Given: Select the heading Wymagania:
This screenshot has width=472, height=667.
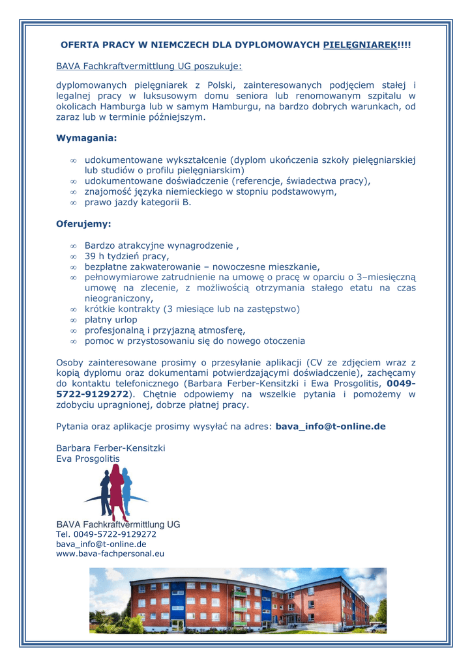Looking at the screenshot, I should [87, 138].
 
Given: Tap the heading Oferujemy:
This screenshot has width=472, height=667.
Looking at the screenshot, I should [83, 224].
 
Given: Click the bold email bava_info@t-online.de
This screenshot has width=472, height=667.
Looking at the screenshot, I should [331, 427].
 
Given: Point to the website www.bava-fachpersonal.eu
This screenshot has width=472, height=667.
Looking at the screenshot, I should [110, 554].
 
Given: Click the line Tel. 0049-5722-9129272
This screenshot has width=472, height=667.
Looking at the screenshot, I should [106, 534].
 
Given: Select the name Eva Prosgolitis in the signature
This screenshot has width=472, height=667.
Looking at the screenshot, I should [88, 459].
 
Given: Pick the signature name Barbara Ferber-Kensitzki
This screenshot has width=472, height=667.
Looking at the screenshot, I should [111, 448].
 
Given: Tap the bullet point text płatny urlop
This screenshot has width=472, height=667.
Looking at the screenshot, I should [111, 320].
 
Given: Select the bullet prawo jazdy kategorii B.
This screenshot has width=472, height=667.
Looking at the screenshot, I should [138, 202].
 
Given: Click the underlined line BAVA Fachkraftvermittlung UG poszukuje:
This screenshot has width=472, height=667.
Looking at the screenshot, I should [149, 66].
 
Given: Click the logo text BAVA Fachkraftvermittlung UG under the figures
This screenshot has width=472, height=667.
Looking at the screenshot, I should [118, 524].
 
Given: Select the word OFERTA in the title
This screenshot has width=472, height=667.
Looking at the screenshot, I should [78, 45].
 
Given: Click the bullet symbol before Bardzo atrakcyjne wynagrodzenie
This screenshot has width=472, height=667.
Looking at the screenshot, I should [74, 246].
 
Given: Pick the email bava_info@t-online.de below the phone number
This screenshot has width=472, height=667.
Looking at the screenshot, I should [101, 544].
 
